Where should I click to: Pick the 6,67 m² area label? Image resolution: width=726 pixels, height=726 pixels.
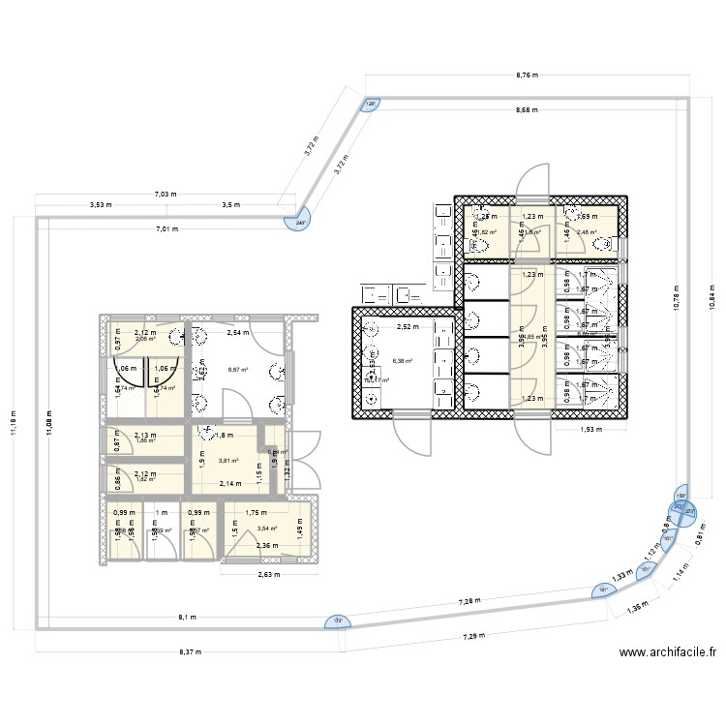click(x=236, y=368)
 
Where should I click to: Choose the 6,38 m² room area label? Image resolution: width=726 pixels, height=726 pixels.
click(x=402, y=361)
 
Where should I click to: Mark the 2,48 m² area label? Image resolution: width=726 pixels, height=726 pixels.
click(x=588, y=232)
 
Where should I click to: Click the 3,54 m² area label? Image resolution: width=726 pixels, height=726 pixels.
click(x=266, y=529)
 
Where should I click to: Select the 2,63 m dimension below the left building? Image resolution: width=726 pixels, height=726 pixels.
click(x=266, y=573)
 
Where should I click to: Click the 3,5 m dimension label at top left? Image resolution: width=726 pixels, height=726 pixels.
click(x=230, y=205)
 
